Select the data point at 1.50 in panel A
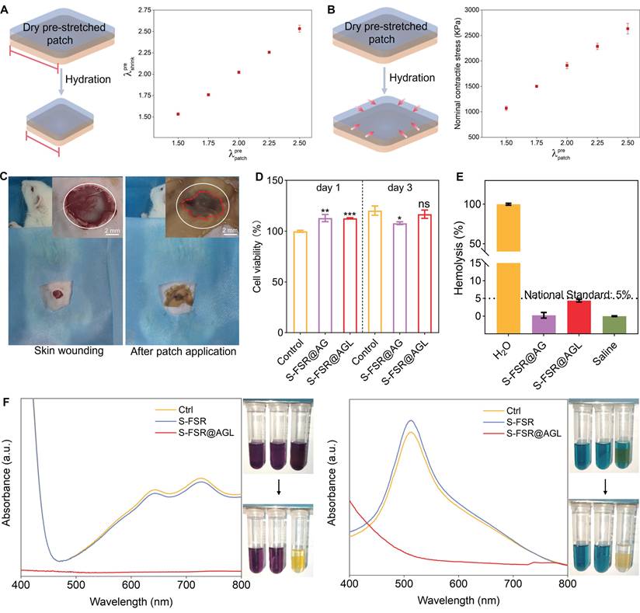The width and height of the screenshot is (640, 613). [x=178, y=114]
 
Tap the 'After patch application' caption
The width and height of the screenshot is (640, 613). [x=185, y=351]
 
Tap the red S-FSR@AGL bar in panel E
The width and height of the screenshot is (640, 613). [x=575, y=308]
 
